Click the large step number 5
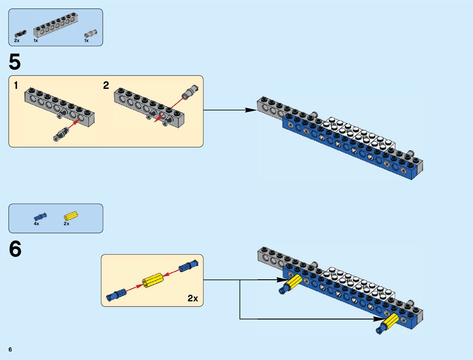tap(15, 62)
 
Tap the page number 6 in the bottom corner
tap(10, 349)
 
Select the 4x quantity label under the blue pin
tap(36, 224)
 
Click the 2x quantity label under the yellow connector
tap(66, 224)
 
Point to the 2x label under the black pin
tap(17, 41)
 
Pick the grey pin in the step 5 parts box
tap(90, 33)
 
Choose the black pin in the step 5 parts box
tap(21, 34)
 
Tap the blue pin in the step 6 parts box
tap(40, 216)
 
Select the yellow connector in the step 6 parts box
tap(71, 216)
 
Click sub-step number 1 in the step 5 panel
tap(16, 86)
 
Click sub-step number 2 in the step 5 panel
tap(106, 86)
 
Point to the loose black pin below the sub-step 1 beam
tap(61, 135)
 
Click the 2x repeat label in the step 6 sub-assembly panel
tap(193, 298)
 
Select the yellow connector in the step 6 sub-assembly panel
tap(153, 280)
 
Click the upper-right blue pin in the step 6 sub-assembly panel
tap(188, 266)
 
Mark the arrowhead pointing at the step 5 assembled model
tap(251, 110)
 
